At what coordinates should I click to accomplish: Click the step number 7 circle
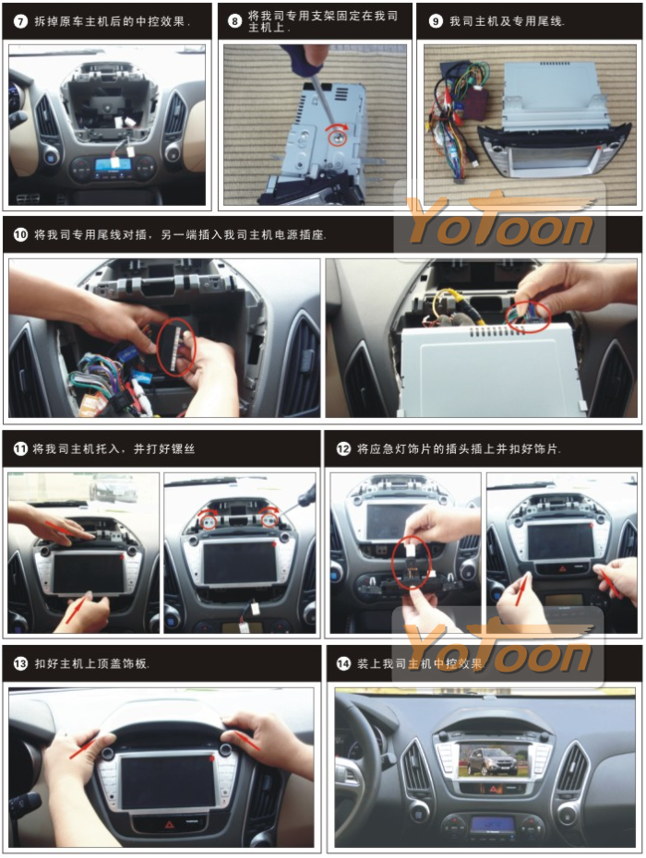(x=20, y=22)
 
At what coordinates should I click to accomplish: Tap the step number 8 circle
(x=234, y=21)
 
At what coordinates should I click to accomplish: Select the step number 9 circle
(x=436, y=21)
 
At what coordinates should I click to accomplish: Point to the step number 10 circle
(x=20, y=234)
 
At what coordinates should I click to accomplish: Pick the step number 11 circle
(x=20, y=448)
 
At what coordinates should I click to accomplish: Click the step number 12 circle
(x=343, y=448)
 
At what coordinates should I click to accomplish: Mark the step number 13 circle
(x=20, y=663)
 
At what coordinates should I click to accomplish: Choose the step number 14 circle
(x=343, y=663)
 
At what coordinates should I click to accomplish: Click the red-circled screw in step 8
(x=338, y=137)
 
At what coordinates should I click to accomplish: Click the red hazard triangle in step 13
(x=169, y=823)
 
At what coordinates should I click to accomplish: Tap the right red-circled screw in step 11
(x=269, y=519)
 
